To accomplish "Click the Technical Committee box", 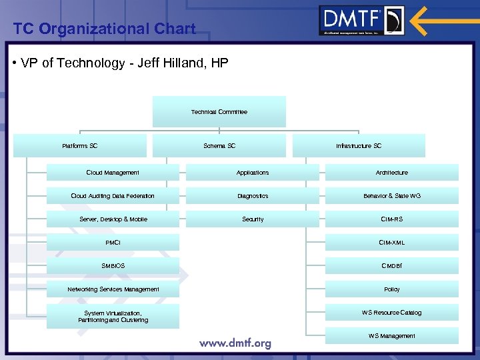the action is tap(219, 112).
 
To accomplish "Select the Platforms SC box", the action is tap(80, 145).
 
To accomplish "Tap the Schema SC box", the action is tap(219, 145).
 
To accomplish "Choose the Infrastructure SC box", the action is tap(359, 145).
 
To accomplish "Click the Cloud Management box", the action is tap(113, 173).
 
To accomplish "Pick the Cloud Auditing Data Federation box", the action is tap(113, 196).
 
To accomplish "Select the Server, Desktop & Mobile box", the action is tap(113, 219).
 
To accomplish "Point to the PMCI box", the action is tap(113, 243).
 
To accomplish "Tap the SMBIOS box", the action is tap(113, 266).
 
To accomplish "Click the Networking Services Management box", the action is tap(113, 289).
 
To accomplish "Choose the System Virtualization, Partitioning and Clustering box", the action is tap(113, 317).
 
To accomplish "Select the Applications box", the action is tap(253, 173).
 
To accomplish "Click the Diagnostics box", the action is tap(253, 196).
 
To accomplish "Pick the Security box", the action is tap(253, 219).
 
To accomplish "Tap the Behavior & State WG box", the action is tap(392, 196).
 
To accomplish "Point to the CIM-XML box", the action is tap(392, 243).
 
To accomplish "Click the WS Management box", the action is tap(392, 336).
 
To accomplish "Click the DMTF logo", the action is tap(361, 21).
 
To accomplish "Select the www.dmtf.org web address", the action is tap(235, 343).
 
